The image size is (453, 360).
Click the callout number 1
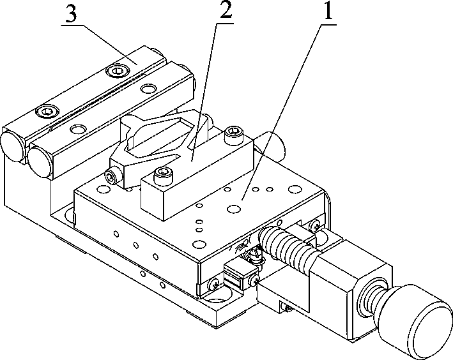(327, 11)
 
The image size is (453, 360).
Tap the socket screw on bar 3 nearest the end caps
(47, 112)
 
